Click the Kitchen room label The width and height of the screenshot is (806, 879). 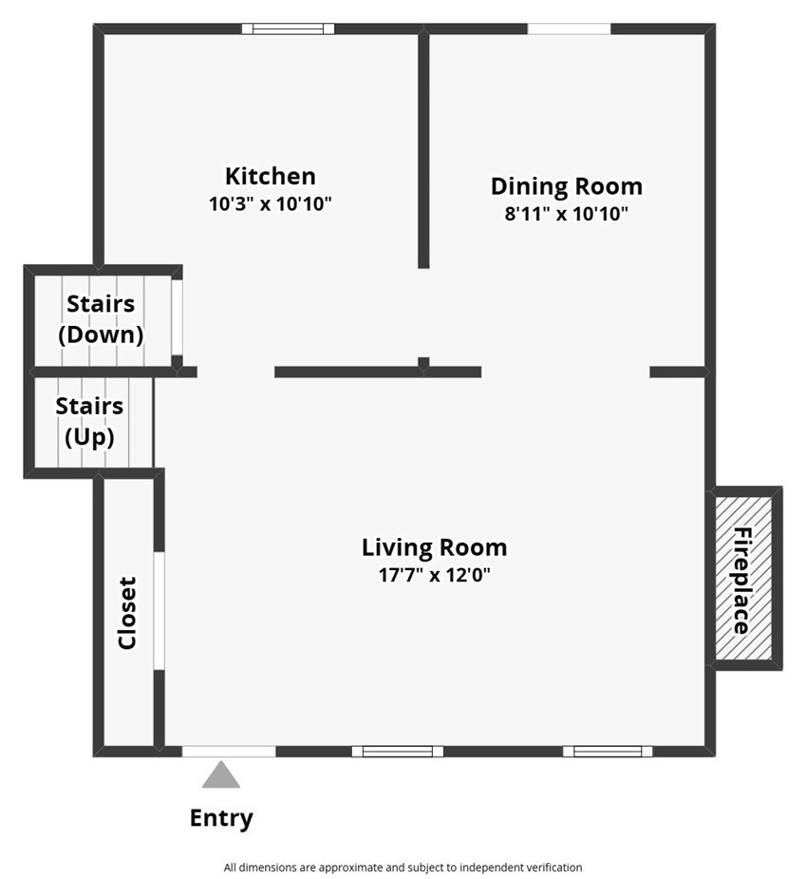click(x=270, y=176)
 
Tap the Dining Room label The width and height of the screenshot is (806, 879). click(x=566, y=186)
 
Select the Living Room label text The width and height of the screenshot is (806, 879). click(x=434, y=547)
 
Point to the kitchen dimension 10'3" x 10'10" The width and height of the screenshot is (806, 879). click(x=270, y=203)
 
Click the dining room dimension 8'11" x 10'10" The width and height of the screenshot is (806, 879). click(x=566, y=214)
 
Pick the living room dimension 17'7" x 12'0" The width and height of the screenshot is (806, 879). click(x=434, y=575)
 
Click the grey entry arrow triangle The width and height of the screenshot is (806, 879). click(x=221, y=774)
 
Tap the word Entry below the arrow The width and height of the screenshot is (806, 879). click(x=221, y=818)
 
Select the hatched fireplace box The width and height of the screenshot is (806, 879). click(x=744, y=578)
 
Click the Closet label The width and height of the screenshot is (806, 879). click(x=127, y=613)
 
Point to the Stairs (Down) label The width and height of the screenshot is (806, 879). click(x=101, y=319)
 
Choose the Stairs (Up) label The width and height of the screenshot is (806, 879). click(x=89, y=422)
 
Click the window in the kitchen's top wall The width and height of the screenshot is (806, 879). click(x=288, y=29)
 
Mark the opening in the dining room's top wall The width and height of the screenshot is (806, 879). click(x=569, y=29)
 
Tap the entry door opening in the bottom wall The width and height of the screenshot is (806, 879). click(x=229, y=751)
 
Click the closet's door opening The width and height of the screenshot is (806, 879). click(x=159, y=610)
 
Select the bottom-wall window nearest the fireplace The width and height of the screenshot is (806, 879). click(x=608, y=751)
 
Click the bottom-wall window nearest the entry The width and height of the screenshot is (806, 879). click(x=398, y=751)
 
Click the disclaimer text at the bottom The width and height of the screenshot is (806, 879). click(x=403, y=868)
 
